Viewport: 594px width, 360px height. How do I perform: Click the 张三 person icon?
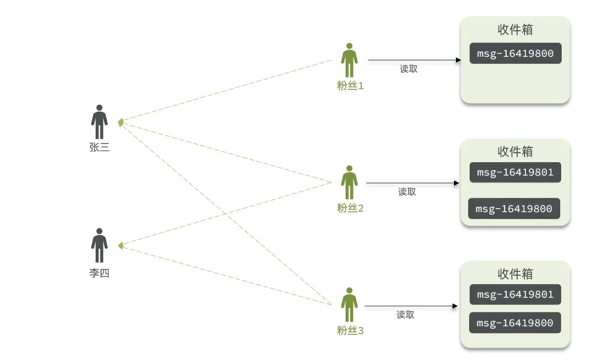coord(99,121)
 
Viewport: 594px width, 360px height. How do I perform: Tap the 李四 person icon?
coord(99,245)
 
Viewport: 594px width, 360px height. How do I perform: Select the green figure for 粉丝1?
coord(349,60)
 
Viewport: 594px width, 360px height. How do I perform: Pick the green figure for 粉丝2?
coord(349,182)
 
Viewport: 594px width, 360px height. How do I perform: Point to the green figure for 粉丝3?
coord(349,305)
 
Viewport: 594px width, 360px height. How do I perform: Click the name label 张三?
coord(99,147)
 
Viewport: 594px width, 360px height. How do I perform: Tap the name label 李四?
coord(99,273)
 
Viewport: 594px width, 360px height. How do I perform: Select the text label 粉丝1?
coord(350,86)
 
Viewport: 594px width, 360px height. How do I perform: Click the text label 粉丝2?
coord(350,209)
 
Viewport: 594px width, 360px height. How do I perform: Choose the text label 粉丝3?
coord(350,331)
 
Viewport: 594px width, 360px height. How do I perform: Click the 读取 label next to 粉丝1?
coord(409,69)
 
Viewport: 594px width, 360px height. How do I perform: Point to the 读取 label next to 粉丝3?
coord(405,315)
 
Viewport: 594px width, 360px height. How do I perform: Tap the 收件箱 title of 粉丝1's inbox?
coord(515,29)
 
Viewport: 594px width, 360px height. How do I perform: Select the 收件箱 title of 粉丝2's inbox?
coord(515,151)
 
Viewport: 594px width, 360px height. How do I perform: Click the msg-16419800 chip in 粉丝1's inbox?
coord(515,53)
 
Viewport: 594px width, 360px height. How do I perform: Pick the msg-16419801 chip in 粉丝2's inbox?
coord(515,172)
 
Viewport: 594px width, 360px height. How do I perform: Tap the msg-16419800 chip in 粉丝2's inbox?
coord(514,209)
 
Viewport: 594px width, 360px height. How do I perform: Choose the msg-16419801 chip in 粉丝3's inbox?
coord(515,294)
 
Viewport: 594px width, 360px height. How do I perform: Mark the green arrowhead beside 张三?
coord(120,122)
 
